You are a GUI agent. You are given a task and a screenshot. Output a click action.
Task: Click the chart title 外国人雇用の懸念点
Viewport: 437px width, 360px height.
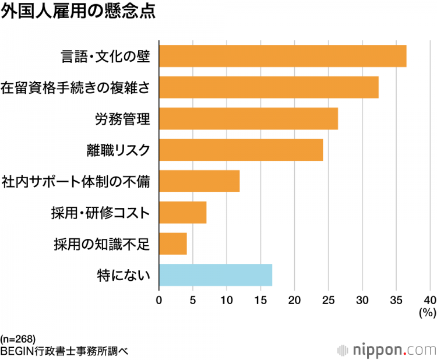(78, 13)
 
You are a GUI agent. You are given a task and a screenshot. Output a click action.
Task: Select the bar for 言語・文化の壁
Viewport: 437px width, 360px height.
(283, 56)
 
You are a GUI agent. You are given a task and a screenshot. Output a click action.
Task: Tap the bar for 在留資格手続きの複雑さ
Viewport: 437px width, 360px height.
(269, 87)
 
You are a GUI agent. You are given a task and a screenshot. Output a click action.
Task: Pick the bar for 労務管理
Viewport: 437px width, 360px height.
(248, 119)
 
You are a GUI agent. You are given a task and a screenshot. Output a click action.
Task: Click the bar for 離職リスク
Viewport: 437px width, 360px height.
(241, 150)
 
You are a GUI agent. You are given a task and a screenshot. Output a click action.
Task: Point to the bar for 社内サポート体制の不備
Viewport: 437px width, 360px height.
(199, 181)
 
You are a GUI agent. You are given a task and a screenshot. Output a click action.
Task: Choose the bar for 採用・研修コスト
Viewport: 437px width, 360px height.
(182, 213)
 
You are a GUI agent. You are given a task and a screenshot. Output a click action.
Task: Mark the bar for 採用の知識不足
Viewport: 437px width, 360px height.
(172, 243)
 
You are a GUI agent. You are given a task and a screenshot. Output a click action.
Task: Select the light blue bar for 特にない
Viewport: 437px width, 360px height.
(216, 274)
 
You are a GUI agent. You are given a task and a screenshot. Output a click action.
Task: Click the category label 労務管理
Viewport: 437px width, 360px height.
(122, 119)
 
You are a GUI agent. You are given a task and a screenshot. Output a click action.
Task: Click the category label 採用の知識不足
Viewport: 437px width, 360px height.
(101, 243)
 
